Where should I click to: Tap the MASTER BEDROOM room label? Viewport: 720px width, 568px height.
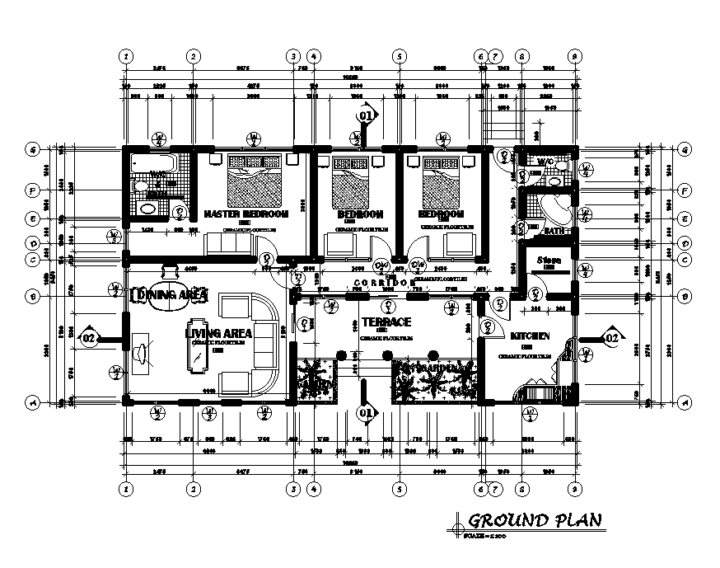click(245, 214)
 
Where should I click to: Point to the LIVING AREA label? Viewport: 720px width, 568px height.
click(218, 333)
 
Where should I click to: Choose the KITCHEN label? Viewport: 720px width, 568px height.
click(531, 337)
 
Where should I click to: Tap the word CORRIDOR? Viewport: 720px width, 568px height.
click(384, 283)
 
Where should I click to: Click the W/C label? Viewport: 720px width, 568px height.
click(545, 162)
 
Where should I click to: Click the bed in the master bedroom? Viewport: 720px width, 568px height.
click(255, 181)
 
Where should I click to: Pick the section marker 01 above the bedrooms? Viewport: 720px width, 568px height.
click(367, 116)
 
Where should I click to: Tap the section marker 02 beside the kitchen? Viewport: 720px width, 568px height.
click(610, 338)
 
